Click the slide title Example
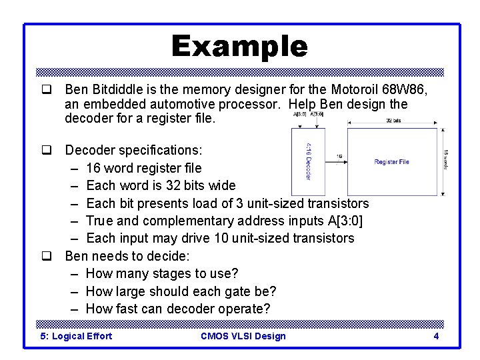[x=239, y=47]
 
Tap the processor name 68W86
[x=406, y=89]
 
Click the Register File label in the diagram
[x=391, y=162]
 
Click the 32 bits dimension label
[x=393, y=121]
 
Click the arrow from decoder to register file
[x=339, y=162]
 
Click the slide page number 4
[x=436, y=336]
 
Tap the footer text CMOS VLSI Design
[x=243, y=336]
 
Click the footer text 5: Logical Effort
[x=76, y=336]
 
